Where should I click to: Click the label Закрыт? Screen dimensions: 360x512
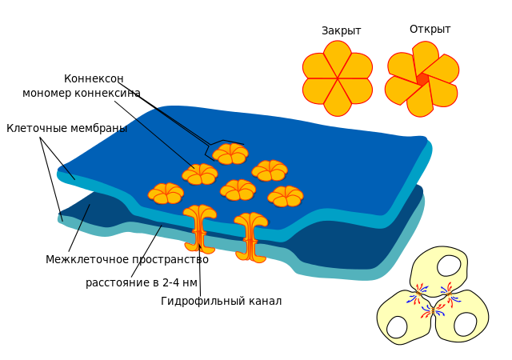(341, 31)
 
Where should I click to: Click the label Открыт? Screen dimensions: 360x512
(430, 30)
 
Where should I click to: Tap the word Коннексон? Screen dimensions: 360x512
(94, 79)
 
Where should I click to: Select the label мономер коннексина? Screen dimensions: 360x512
(82, 94)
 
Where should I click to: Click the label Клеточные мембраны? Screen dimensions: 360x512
(66, 128)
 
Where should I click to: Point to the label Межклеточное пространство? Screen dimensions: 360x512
(126, 260)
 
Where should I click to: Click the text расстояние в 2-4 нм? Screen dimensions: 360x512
(141, 283)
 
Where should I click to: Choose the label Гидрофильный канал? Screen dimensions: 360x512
(221, 302)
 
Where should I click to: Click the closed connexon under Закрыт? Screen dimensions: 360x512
(338, 78)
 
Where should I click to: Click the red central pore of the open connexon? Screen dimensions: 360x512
(422, 79)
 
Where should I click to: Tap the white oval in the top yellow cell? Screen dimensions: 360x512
(449, 266)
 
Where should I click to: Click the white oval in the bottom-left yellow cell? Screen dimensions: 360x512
(397, 326)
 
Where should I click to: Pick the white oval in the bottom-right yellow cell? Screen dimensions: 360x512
(465, 324)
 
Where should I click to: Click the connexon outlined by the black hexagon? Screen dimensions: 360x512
(230, 153)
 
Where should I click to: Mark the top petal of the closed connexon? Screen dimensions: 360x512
(338, 56)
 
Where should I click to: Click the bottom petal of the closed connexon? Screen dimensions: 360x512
(338, 100)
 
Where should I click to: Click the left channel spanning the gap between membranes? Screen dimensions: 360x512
(199, 230)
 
